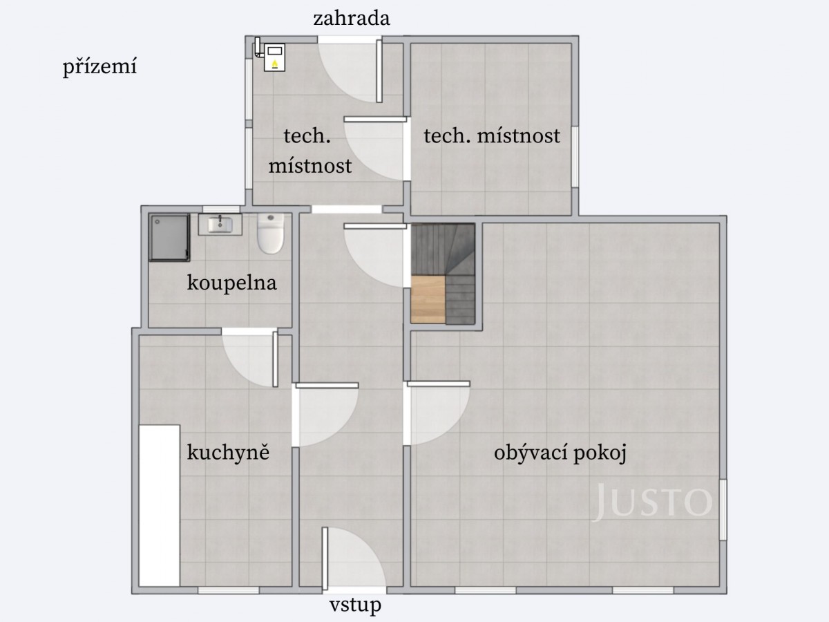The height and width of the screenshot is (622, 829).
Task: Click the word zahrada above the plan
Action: (351, 19)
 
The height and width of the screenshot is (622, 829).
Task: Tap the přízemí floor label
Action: (99, 67)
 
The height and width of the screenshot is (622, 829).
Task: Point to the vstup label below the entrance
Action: (355, 605)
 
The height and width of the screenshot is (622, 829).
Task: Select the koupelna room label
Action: (232, 283)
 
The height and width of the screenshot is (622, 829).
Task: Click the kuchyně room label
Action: (228, 452)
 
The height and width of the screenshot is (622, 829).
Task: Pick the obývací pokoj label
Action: (560, 453)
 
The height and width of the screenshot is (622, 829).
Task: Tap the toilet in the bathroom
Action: (270, 234)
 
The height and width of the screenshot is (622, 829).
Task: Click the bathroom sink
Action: (220, 225)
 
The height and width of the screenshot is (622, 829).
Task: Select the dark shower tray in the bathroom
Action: (169, 238)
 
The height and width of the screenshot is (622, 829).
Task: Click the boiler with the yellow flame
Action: (274, 58)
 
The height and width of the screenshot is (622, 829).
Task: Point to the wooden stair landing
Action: (428, 299)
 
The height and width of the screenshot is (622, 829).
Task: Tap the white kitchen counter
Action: (160, 506)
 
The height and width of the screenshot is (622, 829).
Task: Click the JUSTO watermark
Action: (652, 501)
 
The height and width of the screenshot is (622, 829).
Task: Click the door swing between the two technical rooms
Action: (377, 149)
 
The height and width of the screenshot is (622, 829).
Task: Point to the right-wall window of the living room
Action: (723, 510)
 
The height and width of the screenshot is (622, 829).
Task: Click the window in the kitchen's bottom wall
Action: (229, 590)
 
